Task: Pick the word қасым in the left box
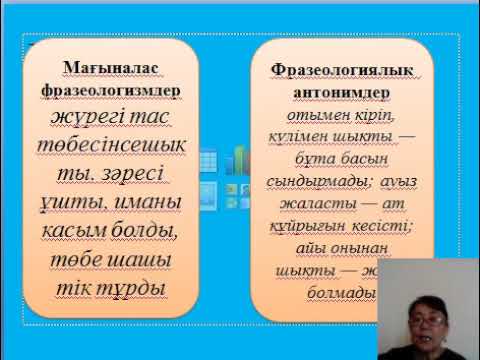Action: (x=90, y=233)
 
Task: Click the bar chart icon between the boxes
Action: (x=239, y=160)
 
